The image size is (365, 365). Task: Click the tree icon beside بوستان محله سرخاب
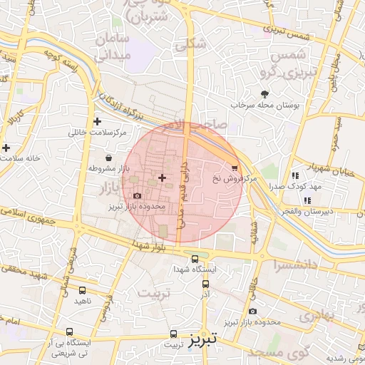(265, 94)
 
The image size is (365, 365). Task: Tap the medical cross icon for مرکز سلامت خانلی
(97, 122)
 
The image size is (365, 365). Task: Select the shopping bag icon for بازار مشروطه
(108, 158)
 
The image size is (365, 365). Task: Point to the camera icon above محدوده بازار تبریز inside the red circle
(137, 195)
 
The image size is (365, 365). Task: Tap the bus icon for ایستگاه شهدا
(195, 259)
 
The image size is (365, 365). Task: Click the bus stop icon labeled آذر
(205, 282)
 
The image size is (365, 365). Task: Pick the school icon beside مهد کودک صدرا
(295, 175)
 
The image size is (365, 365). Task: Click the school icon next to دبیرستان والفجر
(307, 200)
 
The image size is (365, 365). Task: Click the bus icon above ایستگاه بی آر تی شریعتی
(70, 331)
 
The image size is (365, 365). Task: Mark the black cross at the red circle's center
(162, 177)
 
